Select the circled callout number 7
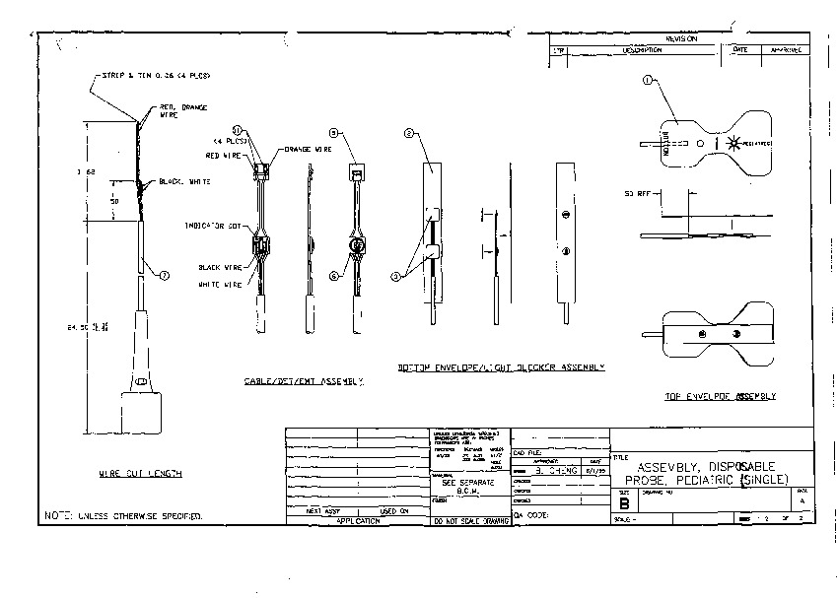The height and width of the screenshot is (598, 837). pos(165,274)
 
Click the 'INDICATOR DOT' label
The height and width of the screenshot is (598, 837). pos(213,226)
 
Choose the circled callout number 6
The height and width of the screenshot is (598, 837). pos(334,277)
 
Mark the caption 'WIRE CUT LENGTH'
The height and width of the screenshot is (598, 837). pos(140,474)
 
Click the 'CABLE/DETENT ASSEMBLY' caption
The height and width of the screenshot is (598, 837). pos(303,381)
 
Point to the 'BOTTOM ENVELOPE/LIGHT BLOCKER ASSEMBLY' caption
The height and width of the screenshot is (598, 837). pos(501,366)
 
